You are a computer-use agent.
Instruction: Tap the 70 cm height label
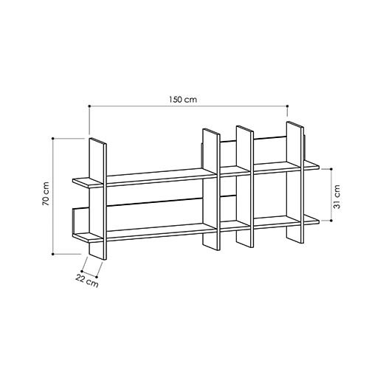(x=46, y=193)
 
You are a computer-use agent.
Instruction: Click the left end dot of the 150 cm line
(x=89, y=106)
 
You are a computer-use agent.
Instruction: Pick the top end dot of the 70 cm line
(x=54, y=138)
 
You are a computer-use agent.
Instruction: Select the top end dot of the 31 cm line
(x=329, y=167)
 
